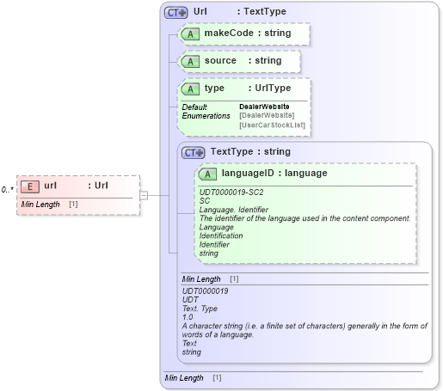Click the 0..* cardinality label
tap(8, 189)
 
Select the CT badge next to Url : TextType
tap(176, 12)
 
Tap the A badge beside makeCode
tap(190, 34)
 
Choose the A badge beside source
tap(190, 61)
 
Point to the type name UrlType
tap(269, 89)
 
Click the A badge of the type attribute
tap(190, 89)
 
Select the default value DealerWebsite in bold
tap(264, 107)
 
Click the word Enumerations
tap(206, 115)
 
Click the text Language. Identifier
tap(234, 210)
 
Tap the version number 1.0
tap(188, 317)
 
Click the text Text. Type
tap(201, 309)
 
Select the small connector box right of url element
tap(144, 195)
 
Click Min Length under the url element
tap(40, 205)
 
